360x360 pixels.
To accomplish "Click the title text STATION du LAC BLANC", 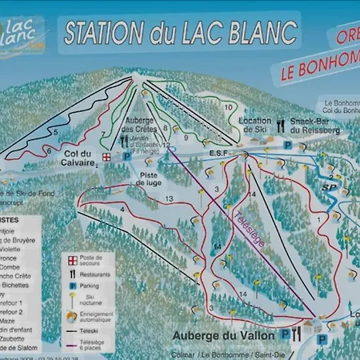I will (x=180, y=33).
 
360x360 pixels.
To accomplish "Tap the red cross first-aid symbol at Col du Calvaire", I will (x=106, y=157).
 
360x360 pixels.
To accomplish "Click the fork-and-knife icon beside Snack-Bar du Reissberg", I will (x=281, y=125).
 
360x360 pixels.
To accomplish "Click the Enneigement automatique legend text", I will (x=95, y=318).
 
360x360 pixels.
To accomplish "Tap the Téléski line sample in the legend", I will (x=71, y=330).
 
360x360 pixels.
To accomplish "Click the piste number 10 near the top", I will (x=229, y=106).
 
